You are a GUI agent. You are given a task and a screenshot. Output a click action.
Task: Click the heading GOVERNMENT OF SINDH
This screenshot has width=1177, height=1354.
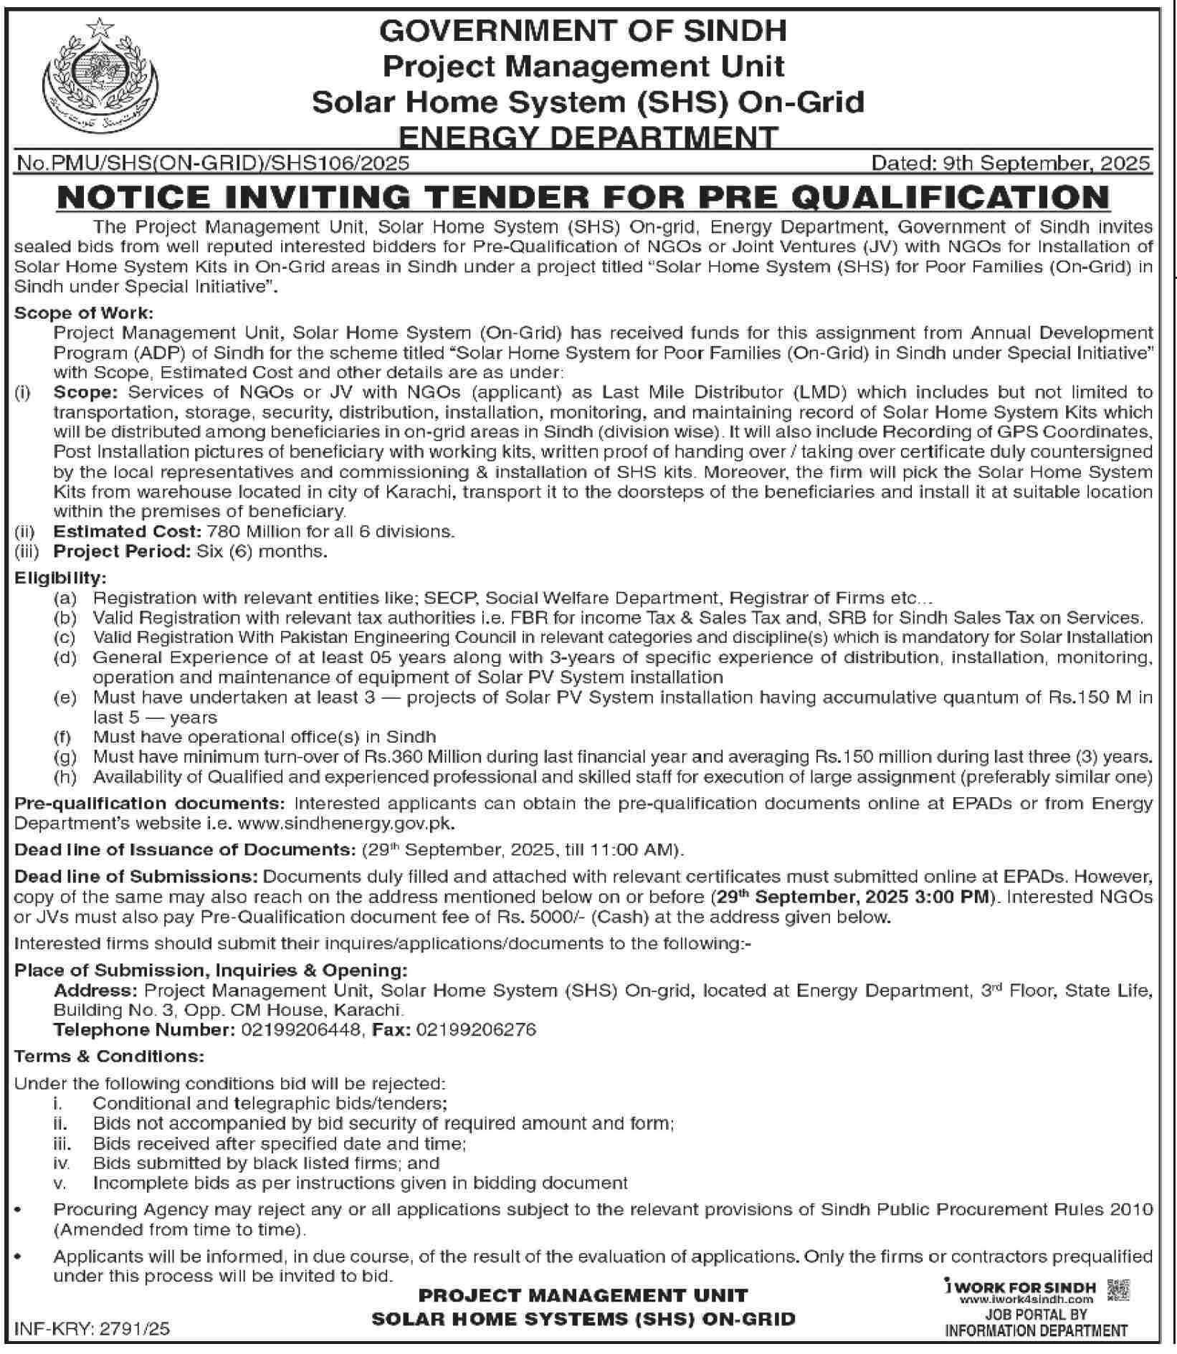pyautogui.click(x=583, y=31)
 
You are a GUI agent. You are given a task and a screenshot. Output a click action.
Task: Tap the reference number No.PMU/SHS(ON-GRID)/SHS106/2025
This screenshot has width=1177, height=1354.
pyautogui.click(x=213, y=163)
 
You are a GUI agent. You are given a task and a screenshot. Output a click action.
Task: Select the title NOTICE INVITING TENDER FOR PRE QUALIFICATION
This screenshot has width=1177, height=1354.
pyautogui.click(x=583, y=197)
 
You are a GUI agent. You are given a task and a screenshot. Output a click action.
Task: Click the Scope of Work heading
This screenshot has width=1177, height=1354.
pyautogui.click(x=84, y=313)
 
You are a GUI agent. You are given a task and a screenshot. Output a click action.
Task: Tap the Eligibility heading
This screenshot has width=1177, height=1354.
pyautogui.click(x=61, y=578)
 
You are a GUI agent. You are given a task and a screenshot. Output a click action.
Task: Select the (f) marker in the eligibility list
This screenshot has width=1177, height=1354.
pyautogui.click(x=63, y=737)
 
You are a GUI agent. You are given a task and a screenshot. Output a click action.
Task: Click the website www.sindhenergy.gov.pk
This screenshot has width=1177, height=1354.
pyautogui.click(x=346, y=824)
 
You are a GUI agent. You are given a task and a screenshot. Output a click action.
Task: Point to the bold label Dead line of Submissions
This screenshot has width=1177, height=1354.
pyautogui.click(x=136, y=877)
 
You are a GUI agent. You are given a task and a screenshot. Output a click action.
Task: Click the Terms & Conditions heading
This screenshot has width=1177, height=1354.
pyautogui.click(x=109, y=1057)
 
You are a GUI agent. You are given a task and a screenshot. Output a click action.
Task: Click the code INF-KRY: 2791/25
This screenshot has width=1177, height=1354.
pyautogui.click(x=92, y=1329)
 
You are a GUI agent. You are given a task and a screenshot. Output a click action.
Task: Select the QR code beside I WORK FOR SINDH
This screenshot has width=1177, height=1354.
pyautogui.click(x=1118, y=1290)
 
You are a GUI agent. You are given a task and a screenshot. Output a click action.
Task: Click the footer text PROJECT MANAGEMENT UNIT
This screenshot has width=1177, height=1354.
pyautogui.click(x=583, y=1295)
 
